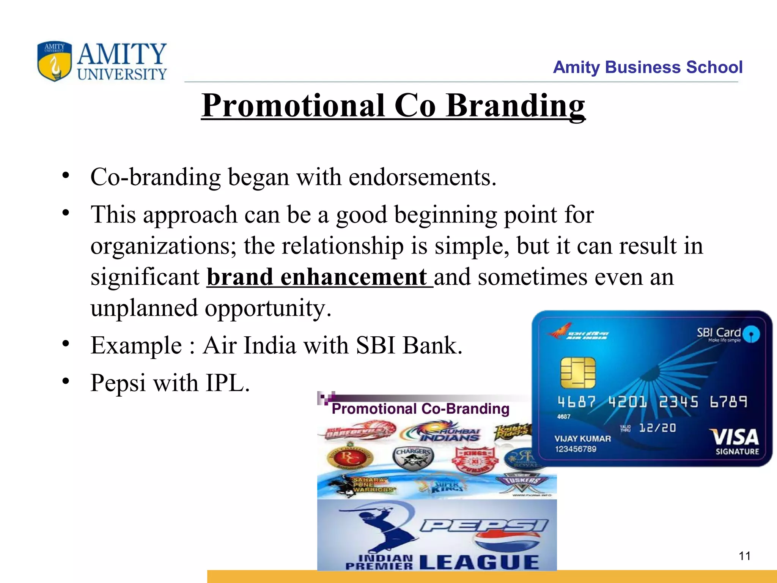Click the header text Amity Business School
pyautogui.click(x=647, y=67)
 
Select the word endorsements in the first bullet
pyautogui.click(x=422, y=177)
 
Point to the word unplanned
pyautogui.click(x=144, y=308)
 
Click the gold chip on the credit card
pyautogui.click(x=577, y=372)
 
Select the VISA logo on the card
pyautogui.click(x=736, y=437)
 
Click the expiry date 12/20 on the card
pyautogui.click(x=657, y=428)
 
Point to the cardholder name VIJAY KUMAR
pyautogui.click(x=582, y=439)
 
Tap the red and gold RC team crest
pyautogui.click(x=350, y=458)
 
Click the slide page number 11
pyautogui.click(x=744, y=556)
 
